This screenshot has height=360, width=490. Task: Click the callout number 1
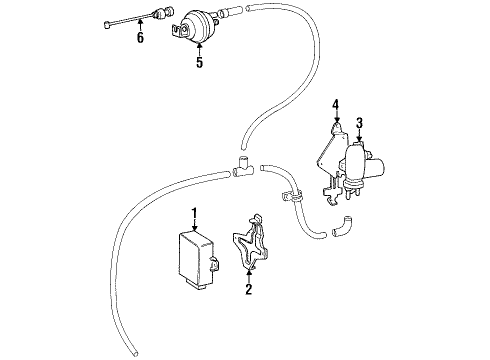coord(196,212)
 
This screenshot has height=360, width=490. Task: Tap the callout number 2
coord(247,291)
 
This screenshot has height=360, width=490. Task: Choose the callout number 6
coord(140,39)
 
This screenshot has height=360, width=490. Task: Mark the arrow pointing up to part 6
coord(140,26)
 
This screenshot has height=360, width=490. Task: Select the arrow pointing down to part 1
coord(196,225)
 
